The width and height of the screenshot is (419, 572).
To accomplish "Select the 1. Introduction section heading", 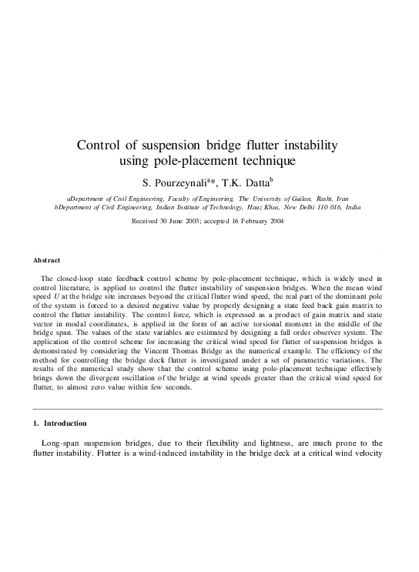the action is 61,423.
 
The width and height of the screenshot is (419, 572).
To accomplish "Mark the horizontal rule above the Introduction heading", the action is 209,409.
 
